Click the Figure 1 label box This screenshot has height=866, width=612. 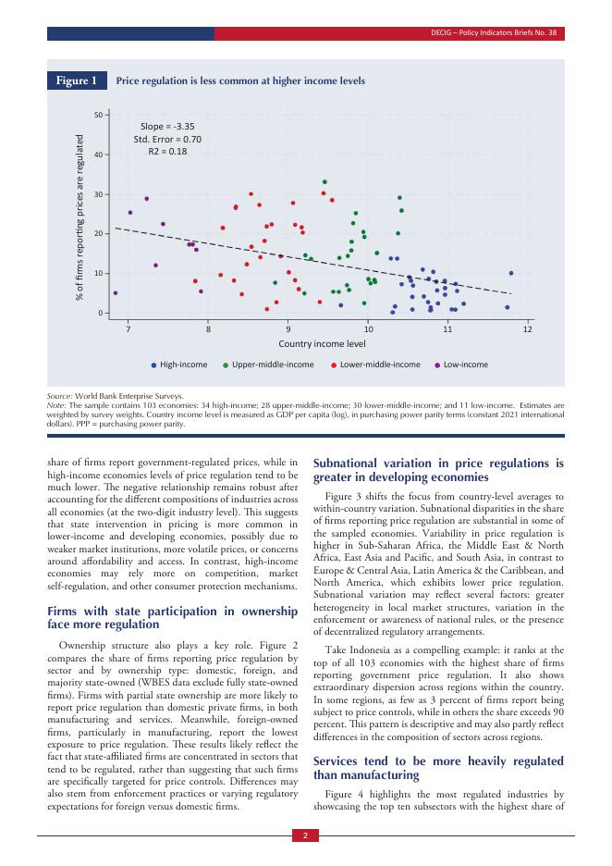tap(77, 81)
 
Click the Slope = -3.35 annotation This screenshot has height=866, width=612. tap(167, 126)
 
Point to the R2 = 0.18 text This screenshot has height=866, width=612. tap(167, 151)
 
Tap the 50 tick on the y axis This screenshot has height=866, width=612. tap(97, 115)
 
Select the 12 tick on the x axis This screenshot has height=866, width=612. tap(528, 329)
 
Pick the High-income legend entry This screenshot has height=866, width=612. tap(179, 365)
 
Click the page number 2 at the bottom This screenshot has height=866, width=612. tap(305, 836)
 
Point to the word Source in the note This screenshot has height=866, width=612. tap(59, 396)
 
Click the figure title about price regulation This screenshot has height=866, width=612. tap(240, 81)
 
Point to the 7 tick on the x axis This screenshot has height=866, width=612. tap(129, 329)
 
